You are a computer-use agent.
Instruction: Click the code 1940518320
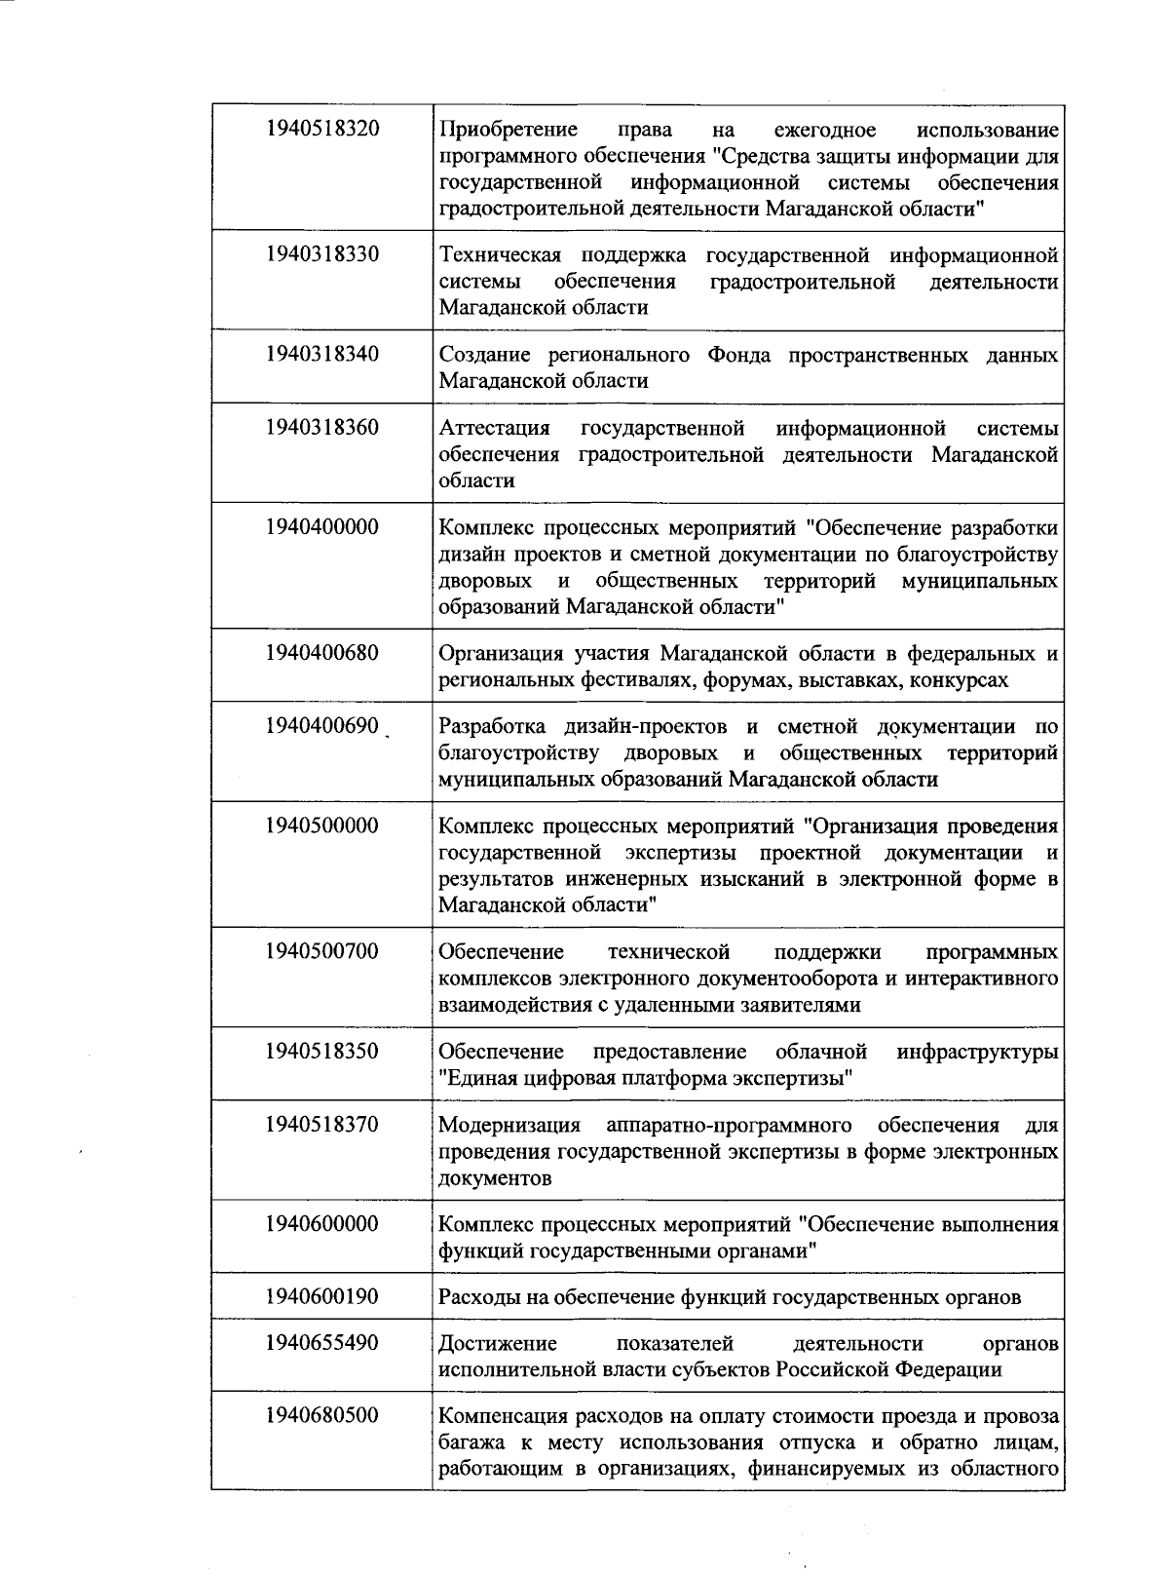click(321, 130)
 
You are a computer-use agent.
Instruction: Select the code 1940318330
click(321, 255)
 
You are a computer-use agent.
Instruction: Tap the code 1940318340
click(321, 355)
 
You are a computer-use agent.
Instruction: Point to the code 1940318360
click(321, 428)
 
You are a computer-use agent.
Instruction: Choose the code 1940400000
click(321, 528)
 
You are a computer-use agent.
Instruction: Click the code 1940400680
click(321, 653)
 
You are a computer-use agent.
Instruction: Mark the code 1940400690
click(321, 727)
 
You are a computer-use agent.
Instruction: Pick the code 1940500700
click(321, 951)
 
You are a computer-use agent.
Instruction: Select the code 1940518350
click(321, 1052)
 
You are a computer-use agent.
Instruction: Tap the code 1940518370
click(321, 1125)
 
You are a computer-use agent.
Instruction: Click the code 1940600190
click(321, 1297)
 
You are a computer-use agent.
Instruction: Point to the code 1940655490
click(321, 1343)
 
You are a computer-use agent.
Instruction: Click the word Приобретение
click(508, 131)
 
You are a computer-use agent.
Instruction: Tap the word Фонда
click(738, 355)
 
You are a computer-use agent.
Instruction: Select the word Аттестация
click(495, 429)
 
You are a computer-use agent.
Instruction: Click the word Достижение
click(498, 1344)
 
